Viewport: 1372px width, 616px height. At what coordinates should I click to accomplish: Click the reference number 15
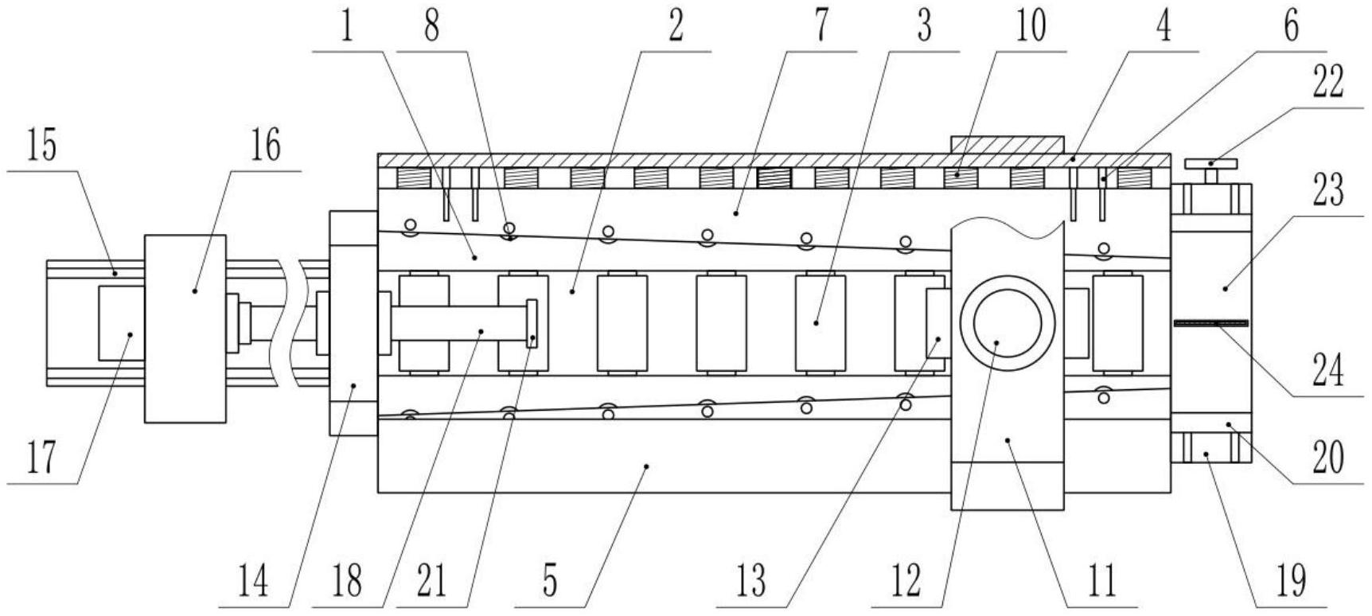(x=42, y=146)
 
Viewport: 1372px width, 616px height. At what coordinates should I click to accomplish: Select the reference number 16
(x=266, y=146)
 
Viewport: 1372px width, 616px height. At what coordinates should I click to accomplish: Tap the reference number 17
(x=41, y=457)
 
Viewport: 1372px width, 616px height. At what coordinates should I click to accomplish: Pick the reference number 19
(x=1291, y=582)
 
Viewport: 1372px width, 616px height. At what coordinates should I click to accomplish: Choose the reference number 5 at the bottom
(x=550, y=582)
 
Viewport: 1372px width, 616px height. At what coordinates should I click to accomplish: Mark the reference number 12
(x=906, y=582)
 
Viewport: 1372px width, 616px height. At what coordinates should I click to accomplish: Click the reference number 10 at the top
(x=1031, y=26)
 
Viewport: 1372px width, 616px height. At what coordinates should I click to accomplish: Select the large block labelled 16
(x=185, y=328)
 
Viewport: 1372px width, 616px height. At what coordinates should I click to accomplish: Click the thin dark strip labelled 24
(x=1210, y=322)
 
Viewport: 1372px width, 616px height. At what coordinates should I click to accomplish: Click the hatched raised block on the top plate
(x=1008, y=145)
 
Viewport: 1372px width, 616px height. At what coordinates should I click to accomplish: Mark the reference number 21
(x=431, y=582)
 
